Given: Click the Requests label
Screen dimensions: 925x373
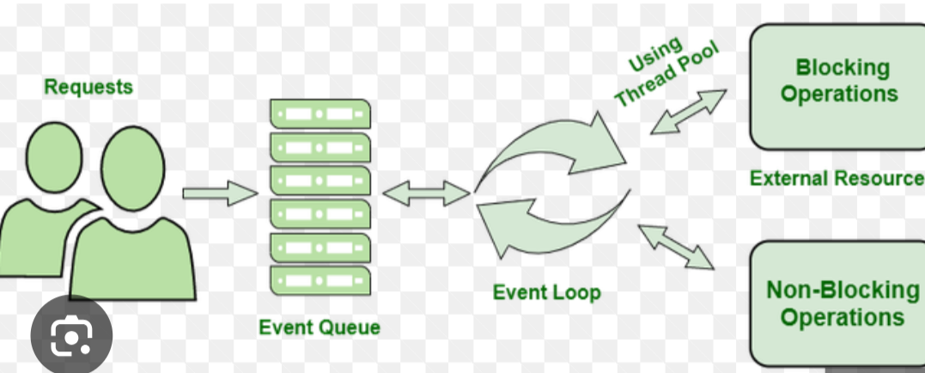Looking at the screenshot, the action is pyautogui.click(x=88, y=87).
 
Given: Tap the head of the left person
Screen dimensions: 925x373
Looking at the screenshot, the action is pyautogui.click(x=54, y=157).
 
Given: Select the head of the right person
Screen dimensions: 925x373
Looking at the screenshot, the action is pyautogui.click(x=133, y=168).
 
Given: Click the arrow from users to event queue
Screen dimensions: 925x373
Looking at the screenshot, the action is pyautogui.click(x=220, y=193).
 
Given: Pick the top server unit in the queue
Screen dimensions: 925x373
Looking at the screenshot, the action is pyautogui.click(x=320, y=113).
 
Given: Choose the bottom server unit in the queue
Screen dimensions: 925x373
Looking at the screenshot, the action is pyautogui.click(x=320, y=280).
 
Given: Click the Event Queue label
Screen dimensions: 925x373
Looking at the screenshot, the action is pyautogui.click(x=319, y=327).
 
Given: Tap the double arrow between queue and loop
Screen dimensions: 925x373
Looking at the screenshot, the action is pyautogui.click(x=427, y=193).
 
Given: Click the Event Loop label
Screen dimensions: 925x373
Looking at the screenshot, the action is pyautogui.click(x=547, y=292).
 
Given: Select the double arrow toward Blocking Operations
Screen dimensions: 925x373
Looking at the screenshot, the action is pyautogui.click(x=689, y=112).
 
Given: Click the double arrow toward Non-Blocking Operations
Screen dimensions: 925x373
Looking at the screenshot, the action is pyautogui.click(x=676, y=247).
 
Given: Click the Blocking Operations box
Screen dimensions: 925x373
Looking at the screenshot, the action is pyautogui.click(x=837, y=87).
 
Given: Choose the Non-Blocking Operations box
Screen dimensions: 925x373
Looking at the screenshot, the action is pyautogui.click(x=837, y=303).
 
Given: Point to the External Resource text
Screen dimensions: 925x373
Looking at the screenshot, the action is pyautogui.click(x=837, y=178).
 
